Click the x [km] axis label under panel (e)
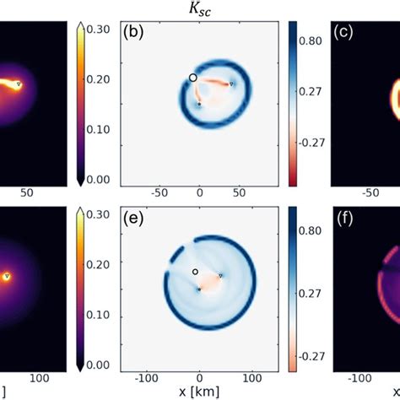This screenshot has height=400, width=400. tap(199, 392)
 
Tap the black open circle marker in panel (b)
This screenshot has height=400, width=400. tap(193, 78)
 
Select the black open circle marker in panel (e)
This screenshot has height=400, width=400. tap(195, 272)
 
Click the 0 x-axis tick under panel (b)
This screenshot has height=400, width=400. tap(200, 192)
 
